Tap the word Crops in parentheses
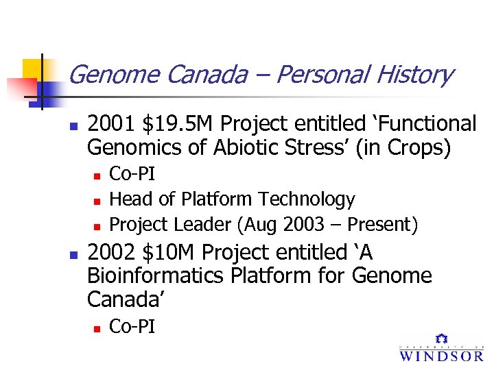(417, 147)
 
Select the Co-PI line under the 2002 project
(132, 327)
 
